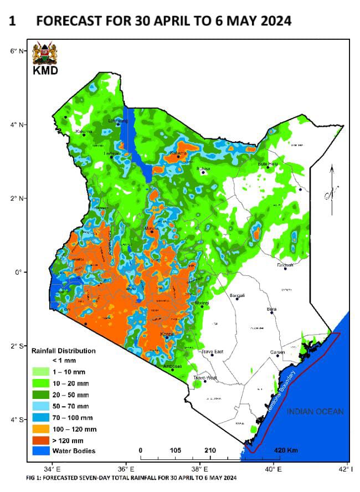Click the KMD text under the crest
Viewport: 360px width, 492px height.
[46, 71]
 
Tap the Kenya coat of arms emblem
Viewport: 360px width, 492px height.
[45, 54]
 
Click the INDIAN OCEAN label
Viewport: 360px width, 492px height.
[315, 411]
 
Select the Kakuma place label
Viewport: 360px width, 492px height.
[84, 131]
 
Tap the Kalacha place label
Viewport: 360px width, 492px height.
[178, 153]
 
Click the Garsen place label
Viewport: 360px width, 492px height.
[277, 352]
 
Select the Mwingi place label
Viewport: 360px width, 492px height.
[202, 303]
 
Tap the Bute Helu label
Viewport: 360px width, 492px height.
[268, 163]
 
